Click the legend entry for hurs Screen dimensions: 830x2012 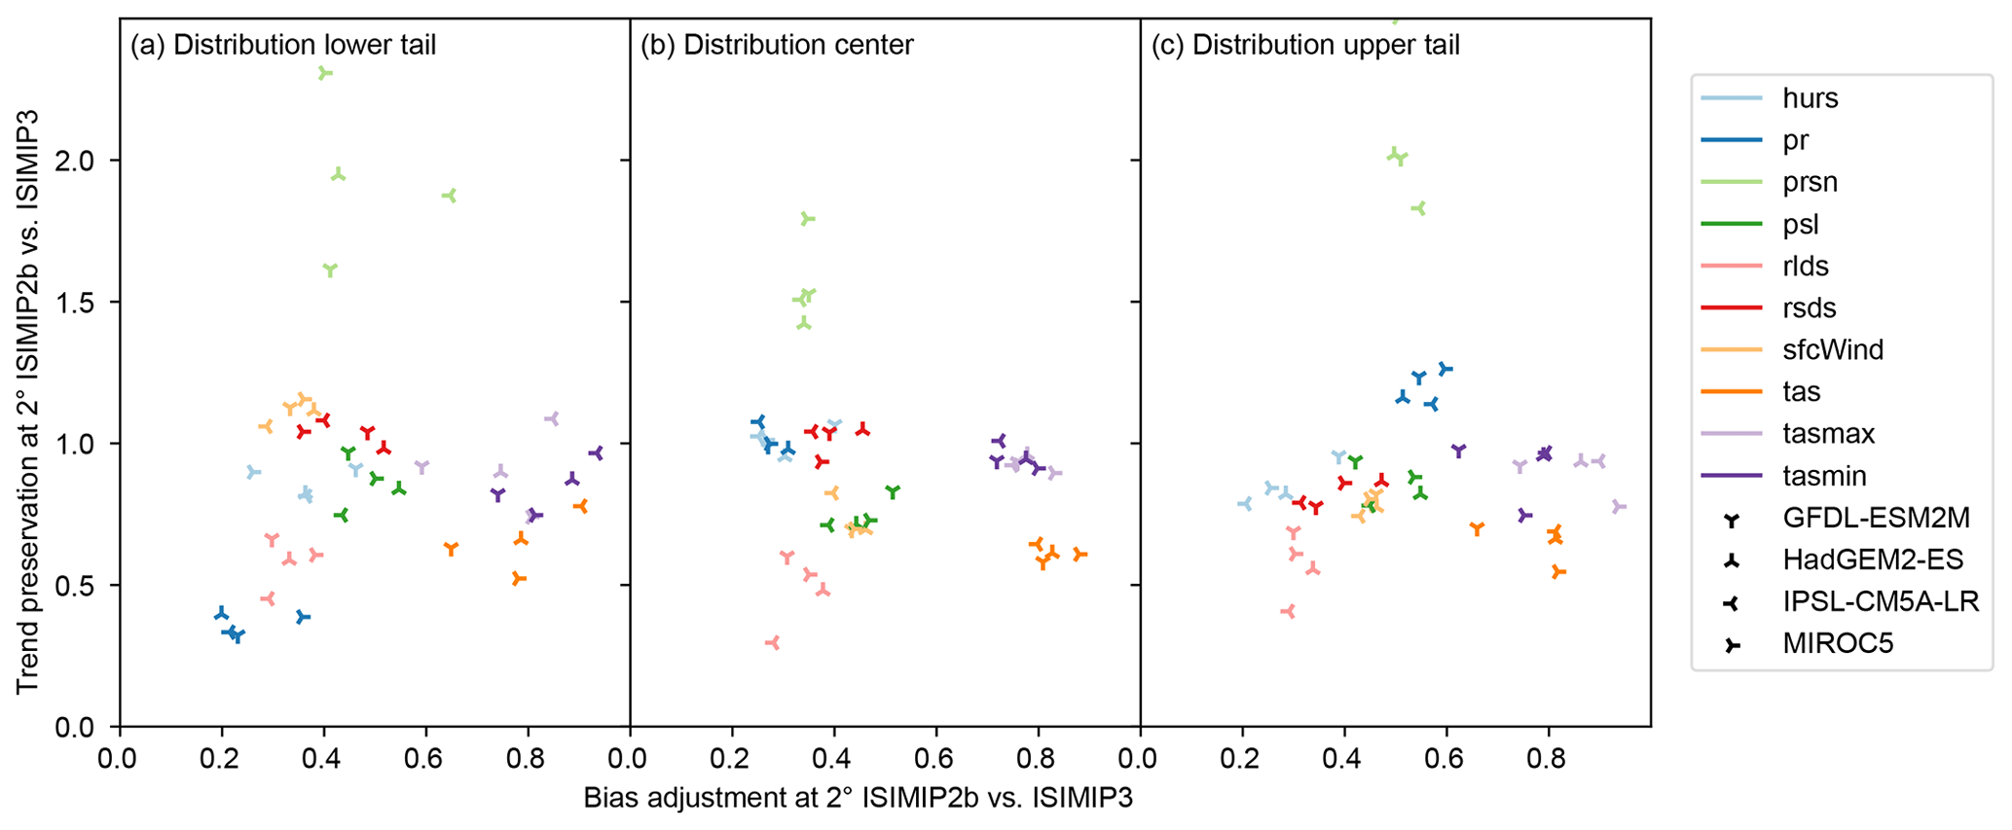pyautogui.click(x=1810, y=98)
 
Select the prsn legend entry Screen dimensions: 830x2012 pyautogui.click(x=1810, y=182)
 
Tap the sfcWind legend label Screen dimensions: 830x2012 pyautogui.click(x=1832, y=349)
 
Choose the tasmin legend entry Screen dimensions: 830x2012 pyautogui.click(x=1824, y=476)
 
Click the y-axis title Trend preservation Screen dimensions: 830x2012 pyautogui.click(x=27, y=401)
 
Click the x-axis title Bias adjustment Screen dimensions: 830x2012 pyautogui.click(x=858, y=798)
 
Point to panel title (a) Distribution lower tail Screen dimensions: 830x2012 pyautogui.click(x=283, y=45)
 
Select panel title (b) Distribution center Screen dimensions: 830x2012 pyautogui.click(x=777, y=45)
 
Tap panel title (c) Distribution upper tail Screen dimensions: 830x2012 pyautogui.click(x=1305, y=45)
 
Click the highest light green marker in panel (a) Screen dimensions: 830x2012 pyautogui.click(x=325, y=73)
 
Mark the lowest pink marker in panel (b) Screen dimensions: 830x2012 pyautogui.click(x=773, y=642)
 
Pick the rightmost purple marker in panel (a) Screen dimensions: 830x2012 pyautogui.click(x=596, y=452)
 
